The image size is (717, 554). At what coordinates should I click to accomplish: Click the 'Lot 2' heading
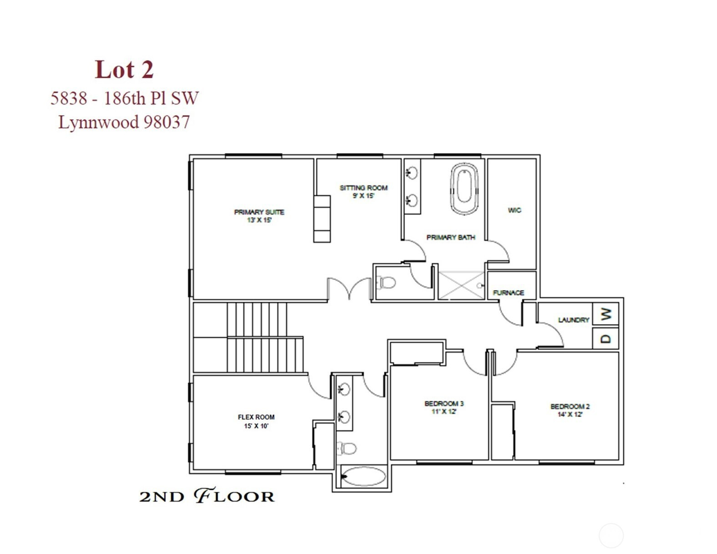pos(124,69)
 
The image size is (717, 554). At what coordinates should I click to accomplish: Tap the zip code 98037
pos(167,122)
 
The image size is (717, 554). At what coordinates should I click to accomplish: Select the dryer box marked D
pos(605,338)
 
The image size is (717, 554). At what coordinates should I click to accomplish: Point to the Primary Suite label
pos(259,212)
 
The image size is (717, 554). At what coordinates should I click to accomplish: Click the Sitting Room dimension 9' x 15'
pos(364,196)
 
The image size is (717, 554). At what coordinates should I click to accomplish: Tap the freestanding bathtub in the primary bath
pos(464,188)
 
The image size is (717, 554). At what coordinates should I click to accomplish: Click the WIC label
pos(515,210)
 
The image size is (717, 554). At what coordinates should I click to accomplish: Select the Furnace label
pos(509,293)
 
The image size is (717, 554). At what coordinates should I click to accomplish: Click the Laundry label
pos(574,320)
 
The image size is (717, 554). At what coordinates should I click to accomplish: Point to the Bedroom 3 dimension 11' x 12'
pos(444,412)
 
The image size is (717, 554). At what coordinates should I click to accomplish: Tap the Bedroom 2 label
pos(570,407)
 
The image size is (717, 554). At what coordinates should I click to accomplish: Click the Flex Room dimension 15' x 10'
pos(256,426)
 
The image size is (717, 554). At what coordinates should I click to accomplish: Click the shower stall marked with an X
pos(461,285)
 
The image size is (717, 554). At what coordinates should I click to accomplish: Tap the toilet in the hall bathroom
pos(347,448)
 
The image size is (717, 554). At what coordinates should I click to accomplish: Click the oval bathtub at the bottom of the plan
pos(363,477)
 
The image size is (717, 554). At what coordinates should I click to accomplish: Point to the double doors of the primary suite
pos(349,288)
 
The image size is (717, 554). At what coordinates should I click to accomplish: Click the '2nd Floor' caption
pos(207,496)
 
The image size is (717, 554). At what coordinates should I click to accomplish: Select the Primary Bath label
pos(451,237)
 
